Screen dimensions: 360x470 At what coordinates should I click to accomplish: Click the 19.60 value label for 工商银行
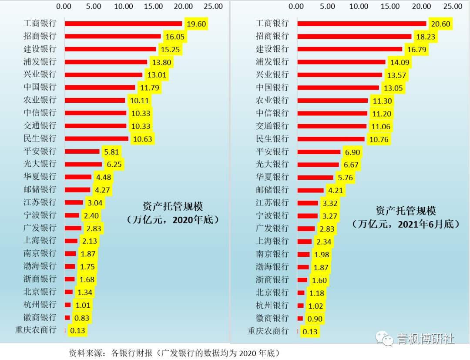(196, 24)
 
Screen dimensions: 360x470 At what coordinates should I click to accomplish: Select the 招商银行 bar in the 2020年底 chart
(112, 37)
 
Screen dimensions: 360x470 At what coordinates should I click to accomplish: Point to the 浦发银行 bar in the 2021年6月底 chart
(341, 62)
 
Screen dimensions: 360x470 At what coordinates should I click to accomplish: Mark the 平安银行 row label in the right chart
(272, 151)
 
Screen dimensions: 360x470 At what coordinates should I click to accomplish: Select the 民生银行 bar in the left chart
(96, 139)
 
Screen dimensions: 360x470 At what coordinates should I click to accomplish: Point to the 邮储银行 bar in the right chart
(310, 190)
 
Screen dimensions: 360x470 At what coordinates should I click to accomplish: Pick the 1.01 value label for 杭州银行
(82, 305)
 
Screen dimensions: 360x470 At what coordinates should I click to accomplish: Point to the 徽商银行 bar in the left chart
(67, 318)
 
